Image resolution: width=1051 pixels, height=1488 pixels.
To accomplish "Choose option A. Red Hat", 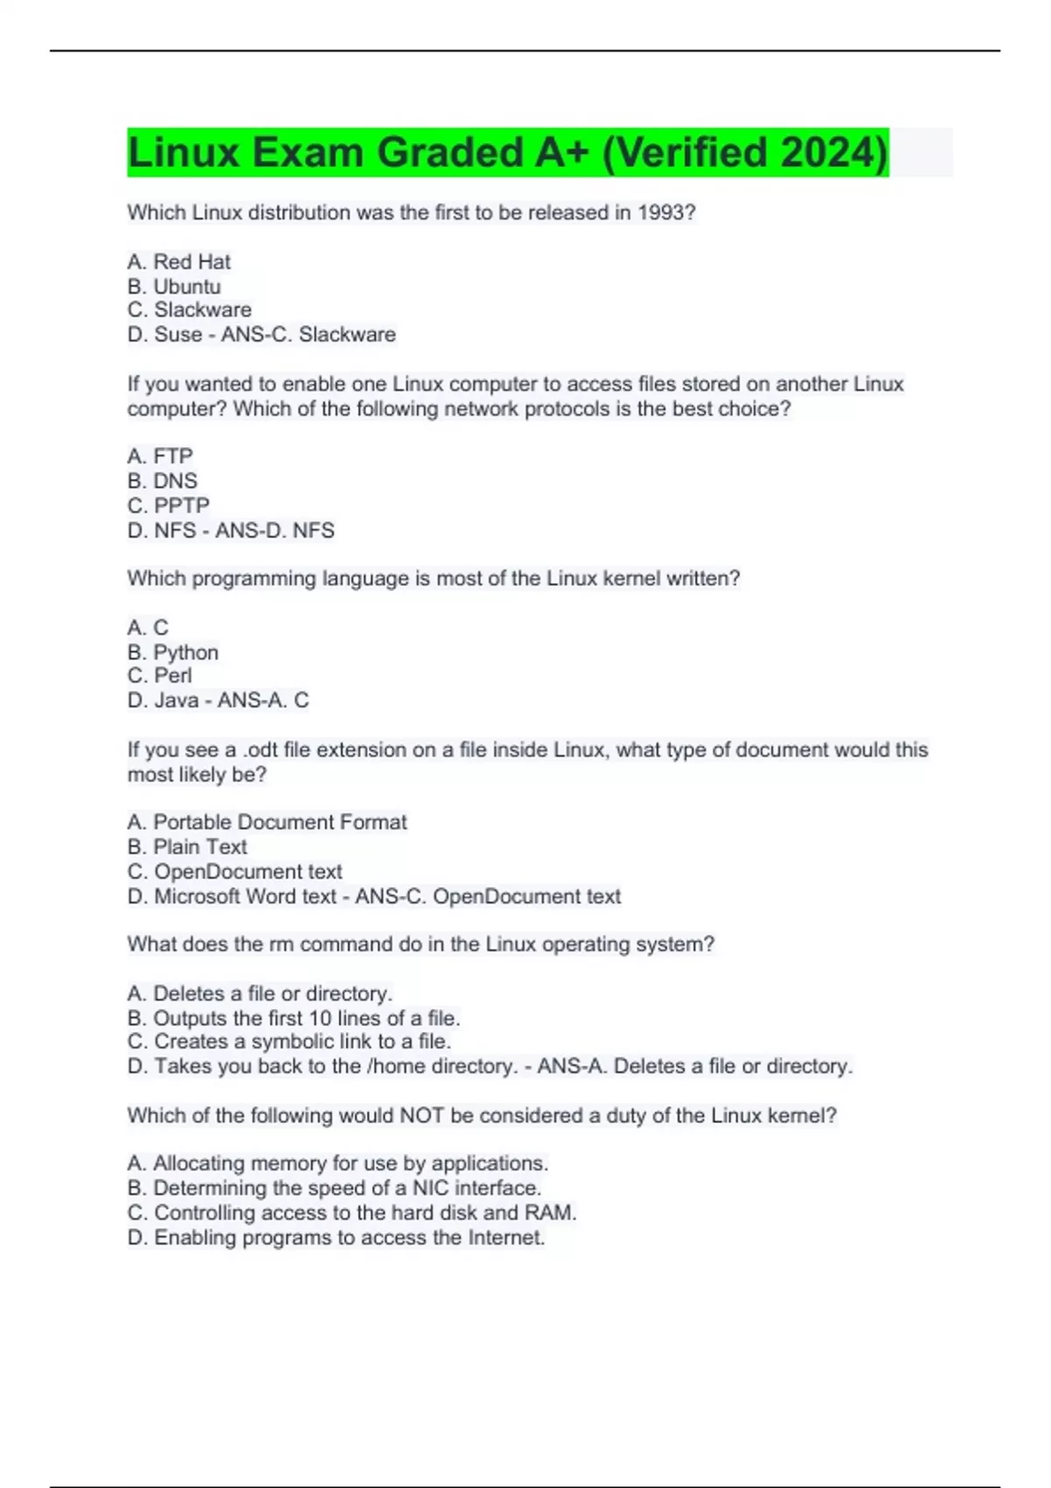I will pyautogui.click(x=179, y=262).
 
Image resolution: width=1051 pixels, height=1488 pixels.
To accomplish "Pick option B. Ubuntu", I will pyautogui.click(x=173, y=286).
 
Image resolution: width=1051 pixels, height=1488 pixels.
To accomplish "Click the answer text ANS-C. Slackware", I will pyautogui.click(x=308, y=334).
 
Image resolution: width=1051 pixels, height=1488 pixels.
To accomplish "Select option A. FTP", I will pyautogui.click(x=159, y=456).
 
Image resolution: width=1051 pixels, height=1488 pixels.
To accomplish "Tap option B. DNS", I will pyautogui.click(x=162, y=481).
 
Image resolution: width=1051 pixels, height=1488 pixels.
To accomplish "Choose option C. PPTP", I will pyautogui.click(x=168, y=505).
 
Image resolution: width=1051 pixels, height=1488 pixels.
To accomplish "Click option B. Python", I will pyautogui.click(x=173, y=652).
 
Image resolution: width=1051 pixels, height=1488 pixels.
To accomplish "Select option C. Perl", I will pyautogui.click(x=159, y=676).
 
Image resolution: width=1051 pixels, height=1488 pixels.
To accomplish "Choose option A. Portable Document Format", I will pyautogui.click(x=267, y=822).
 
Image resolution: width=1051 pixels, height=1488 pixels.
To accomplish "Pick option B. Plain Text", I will pyautogui.click(x=187, y=846).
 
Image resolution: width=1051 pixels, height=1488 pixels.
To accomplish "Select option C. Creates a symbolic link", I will pyautogui.click(x=289, y=1042).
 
